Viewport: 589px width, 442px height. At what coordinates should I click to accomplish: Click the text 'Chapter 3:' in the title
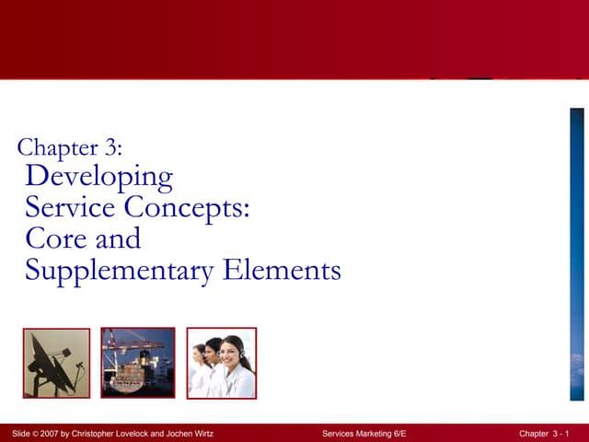click(x=69, y=146)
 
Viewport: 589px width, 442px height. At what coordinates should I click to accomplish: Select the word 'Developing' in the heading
click(x=98, y=176)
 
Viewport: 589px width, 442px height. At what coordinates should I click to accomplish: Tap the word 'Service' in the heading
click(x=75, y=207)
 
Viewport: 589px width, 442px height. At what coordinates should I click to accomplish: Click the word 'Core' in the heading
click(x=55, y=238)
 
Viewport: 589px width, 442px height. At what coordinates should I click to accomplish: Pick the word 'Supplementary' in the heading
click(x=120, y=271)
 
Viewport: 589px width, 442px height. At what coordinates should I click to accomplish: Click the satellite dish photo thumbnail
click(x=56, y=363)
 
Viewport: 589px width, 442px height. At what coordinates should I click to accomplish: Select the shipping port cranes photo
click(x=138, y=363)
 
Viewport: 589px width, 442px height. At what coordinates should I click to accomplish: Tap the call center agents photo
click(x=221, y=363)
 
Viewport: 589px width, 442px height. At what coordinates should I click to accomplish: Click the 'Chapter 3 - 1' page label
click(x=544, y=434)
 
